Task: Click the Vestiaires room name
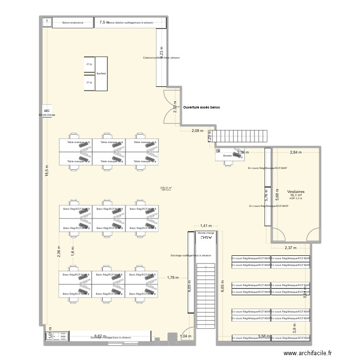point(296,191)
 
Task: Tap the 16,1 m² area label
point(296,195)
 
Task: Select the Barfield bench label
point(101,73)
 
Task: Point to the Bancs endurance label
point(73,23)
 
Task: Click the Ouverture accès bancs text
point(202,108)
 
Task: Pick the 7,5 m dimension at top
point(104,22)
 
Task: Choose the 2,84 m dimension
point(296,152)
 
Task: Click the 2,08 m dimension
point(197,131)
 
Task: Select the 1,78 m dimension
point(173,277)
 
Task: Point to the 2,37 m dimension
point(290,248)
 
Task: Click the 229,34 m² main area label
point(167,188)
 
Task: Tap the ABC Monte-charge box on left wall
point(47,112)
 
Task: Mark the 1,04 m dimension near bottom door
point(185,336)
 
